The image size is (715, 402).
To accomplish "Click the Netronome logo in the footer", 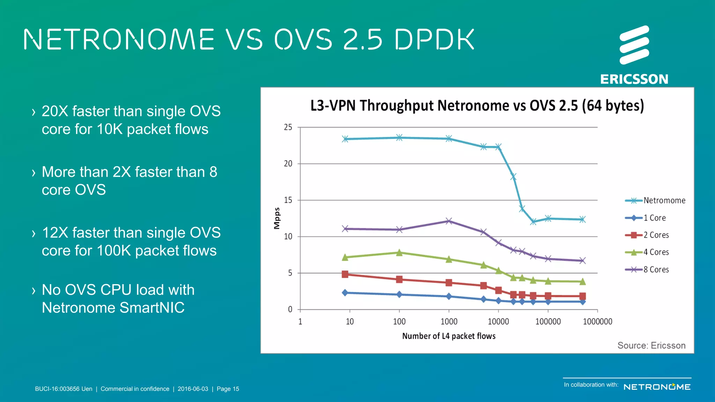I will (657, 387).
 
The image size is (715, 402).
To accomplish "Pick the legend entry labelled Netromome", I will (655, 200).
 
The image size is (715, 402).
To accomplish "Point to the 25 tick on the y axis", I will (288, 127).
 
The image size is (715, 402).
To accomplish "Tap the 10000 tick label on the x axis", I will (498, 321).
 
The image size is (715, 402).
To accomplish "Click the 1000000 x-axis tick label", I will (597, 321).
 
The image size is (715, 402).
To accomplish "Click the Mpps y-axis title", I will (277, 218).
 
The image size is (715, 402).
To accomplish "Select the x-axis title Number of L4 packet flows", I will (449, 336).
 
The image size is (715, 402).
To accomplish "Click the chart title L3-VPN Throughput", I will (477, 105).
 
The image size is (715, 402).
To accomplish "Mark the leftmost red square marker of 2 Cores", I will (345, 274).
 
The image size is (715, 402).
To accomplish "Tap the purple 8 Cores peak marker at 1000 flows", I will (449, 221).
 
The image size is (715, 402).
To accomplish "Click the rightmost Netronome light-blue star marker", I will (582, 219).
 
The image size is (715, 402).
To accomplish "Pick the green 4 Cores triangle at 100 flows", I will (399, 253).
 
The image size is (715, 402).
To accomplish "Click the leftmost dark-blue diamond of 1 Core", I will (345, 293).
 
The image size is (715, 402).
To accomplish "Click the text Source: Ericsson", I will (651, 345).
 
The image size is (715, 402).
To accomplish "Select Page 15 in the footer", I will (228, 389).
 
